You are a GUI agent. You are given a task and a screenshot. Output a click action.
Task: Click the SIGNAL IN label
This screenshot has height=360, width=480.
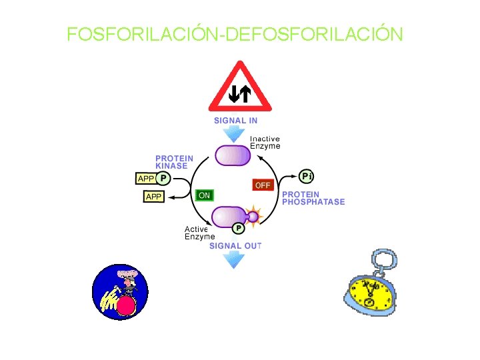[x=235, y=121]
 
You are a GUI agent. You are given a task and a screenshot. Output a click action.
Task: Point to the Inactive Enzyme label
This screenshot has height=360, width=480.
[x=265, y=143]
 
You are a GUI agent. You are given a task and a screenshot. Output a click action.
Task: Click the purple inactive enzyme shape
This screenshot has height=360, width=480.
[x=231, y=155]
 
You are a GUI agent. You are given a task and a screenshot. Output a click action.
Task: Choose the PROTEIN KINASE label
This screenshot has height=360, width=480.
[x=175, y=162]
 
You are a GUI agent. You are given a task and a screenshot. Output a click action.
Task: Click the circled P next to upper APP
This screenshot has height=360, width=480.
[x=163, y=178]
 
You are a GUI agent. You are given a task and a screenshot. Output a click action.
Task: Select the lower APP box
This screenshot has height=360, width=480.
[x=154, y=197]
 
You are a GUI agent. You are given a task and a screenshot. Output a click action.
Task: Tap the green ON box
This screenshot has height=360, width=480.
[x=204, y=195]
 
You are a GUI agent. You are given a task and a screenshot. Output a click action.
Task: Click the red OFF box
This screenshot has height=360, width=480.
[x=263, y=184]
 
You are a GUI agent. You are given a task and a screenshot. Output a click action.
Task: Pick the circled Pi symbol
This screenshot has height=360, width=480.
[x=306, y=177]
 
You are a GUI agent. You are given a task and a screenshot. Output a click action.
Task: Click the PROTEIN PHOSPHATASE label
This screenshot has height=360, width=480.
[x=313, y=198]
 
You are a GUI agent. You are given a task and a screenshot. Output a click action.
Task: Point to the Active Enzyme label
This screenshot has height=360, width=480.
[x=199, y=233]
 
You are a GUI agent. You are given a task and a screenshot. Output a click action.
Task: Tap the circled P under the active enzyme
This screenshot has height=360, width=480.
[x=238, y=228]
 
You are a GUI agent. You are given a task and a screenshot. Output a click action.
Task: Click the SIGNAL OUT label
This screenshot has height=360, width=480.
[x=235, y=246]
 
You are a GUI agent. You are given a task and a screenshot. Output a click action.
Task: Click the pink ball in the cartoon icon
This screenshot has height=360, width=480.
[x=127, y=307]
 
